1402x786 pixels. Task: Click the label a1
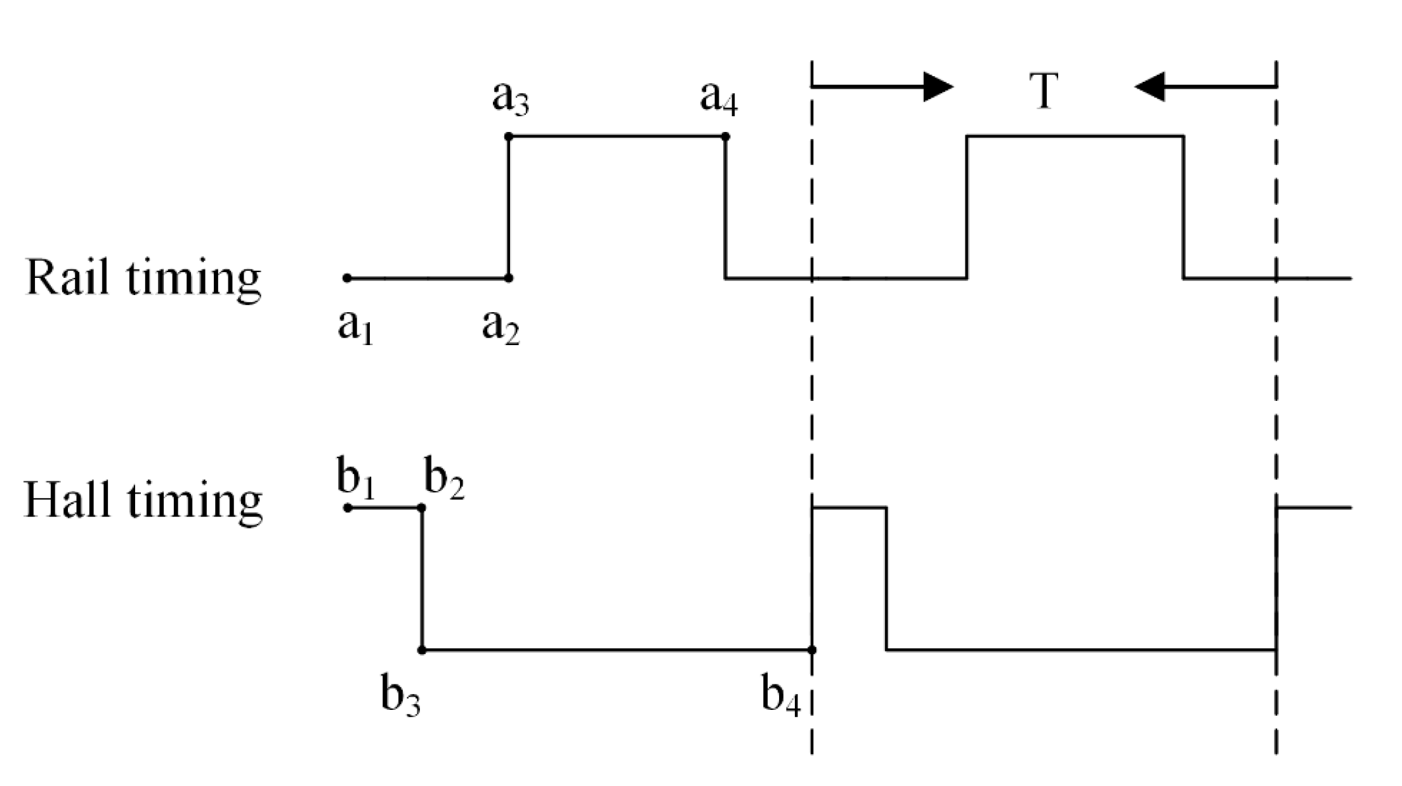[x=355, y=327]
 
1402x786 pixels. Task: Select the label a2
[x=501, y=327]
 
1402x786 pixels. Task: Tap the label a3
[x=511, y=99]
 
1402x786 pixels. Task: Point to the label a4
[x=719, y=99]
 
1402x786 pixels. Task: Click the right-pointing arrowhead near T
[x=938, y=86]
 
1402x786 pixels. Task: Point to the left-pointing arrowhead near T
[x=1150, y=86]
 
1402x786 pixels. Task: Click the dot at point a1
[x=347, y=278]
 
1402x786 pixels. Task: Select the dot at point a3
[x=508, y=136]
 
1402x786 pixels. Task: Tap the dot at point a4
[x=726, y=136]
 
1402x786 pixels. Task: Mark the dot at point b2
[x=422, y=508]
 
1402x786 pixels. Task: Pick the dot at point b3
[x=422, y=650]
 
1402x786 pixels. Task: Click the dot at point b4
[x=812, y=650]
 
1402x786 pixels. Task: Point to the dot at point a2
[x=508, y=278]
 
